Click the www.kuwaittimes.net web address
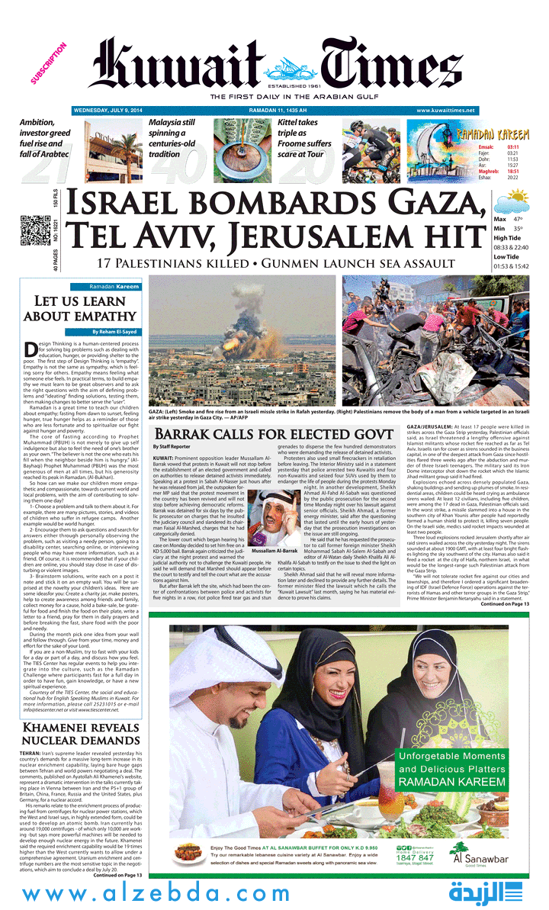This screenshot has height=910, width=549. [x=446, y=111]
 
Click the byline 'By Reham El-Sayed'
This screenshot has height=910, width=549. [x=116, y=332]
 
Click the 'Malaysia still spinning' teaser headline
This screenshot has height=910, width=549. [x=172, y=138]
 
